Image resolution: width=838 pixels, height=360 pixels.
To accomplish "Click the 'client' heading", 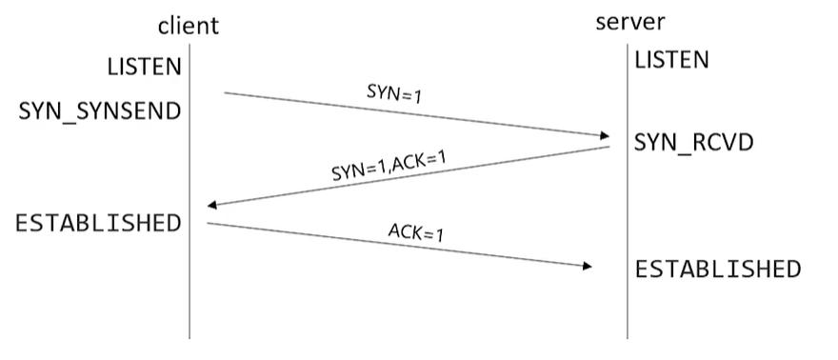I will pyautogui.click(x=188, y=25).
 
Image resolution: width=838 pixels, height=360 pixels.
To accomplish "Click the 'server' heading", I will pyautogui.click(x=630, y=22).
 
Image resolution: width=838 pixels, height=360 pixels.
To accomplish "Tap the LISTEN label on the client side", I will pyautogui.click(x=144, y=66).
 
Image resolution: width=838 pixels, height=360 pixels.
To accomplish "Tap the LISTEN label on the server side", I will pyautogui.click(x=672, y=60).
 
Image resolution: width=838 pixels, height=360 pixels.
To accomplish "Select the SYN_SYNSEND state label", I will pyautogui.click(x=100, y=111).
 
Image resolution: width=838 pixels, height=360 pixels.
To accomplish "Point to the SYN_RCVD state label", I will pyautogui.click(x=694, y=143).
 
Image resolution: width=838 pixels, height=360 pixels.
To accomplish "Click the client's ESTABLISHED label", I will pyautogui.click(x=98, y=223).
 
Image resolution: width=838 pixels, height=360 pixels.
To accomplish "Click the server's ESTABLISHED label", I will pyautogui.click(x=718, y=269).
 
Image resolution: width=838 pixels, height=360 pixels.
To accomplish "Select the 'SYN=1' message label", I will pyautogui.click(x=393, y=92).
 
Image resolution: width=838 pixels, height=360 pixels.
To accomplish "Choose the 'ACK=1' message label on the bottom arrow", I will pyautogui.click(x=415, y=231).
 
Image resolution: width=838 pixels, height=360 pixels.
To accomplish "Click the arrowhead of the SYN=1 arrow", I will pyautogui.click(x=604, y=137).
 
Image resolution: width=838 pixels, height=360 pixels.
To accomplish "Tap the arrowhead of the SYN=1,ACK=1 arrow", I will pyautogui.click(x=213, y=205).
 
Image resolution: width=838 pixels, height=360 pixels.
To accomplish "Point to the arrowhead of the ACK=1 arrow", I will pyautogui.click(x=587, y=267).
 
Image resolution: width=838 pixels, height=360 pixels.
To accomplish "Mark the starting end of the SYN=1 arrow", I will pyautogui.click(x=226, y=93).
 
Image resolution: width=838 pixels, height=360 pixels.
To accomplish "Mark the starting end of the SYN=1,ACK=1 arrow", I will pyautogui.click(x=608, y=147).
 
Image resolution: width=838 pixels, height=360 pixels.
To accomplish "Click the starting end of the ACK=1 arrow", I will pyautogui.click(x=209, y=224).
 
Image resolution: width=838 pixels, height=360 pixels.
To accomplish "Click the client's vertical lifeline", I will pyautogui.click(x=190, y=286).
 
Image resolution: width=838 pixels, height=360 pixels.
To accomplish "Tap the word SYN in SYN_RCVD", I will pyautogui.click(x=654, y=143).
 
